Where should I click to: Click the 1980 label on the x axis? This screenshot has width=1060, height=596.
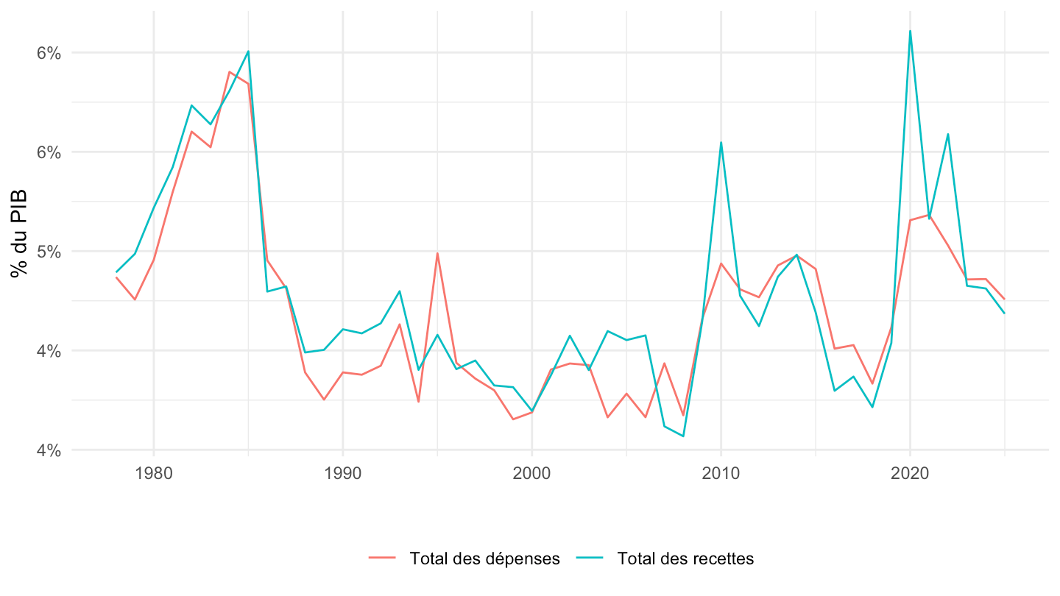(x=153, y=473)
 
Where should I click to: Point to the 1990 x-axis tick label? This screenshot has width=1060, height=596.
(x=342, y=473)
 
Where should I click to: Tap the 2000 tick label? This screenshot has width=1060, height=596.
(x=532, y=473)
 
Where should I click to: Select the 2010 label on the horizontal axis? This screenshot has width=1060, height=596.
(x=721, y=473)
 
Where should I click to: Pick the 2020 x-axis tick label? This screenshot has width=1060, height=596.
(x=910, y=473)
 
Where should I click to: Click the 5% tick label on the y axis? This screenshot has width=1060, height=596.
(x=49, y=252)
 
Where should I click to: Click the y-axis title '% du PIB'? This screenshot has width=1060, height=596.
(x=19, y=233)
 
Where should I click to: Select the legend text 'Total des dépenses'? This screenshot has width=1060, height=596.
(x=484, y=558)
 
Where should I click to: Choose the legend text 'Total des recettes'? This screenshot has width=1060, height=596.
(x=685, y=558)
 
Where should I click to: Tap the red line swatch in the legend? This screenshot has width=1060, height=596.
(x=382, y=558)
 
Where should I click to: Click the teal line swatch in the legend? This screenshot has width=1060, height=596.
(x=590, y=558)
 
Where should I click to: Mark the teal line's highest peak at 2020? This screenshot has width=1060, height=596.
(x=910, y=31)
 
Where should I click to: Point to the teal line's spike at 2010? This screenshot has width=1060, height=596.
(x=721, y=143)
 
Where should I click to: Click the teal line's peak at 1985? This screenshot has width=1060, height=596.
(x=248, y=51)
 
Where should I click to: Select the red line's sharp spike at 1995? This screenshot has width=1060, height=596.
(x=437, y=253)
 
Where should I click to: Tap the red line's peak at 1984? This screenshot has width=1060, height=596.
(x=229, y=72)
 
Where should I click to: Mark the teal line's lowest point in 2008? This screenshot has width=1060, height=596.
(x=683, y=436)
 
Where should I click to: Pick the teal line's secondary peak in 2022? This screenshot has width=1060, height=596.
(x=948, y=135)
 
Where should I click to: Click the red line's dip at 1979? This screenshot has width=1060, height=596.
(x=135, y=299)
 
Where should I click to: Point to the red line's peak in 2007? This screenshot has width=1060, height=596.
(x=665, y=363)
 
